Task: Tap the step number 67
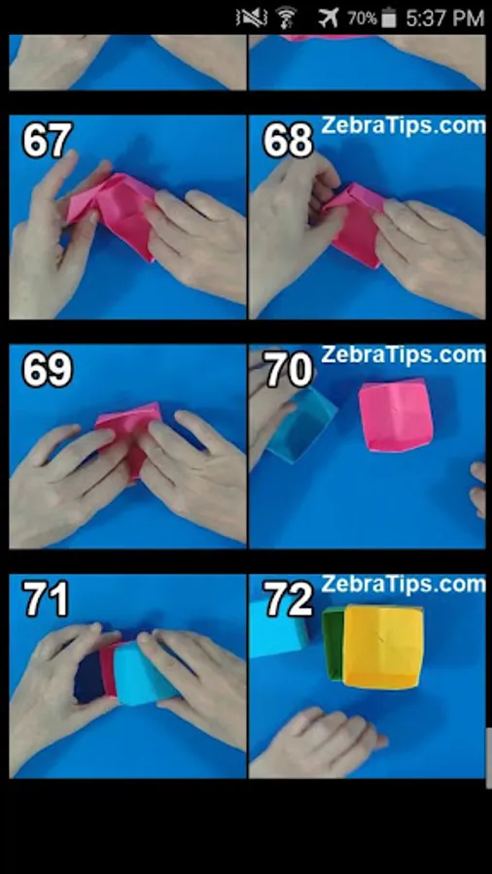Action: click(x=47, y=141)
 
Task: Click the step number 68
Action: click(x=287, y=141)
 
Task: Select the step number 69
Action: click(x=47, y=370)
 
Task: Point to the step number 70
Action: click(x=288, y=370)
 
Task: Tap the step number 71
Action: click(x=47, y=599)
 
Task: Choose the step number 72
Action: click(x=288, y=599)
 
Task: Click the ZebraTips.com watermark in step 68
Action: click(x=404, y=125)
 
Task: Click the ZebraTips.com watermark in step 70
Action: click(x=403, y=354)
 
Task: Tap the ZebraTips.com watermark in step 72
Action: click(x=403, y=584)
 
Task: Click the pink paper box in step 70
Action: click(x=393, y=415)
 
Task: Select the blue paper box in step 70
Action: click(x=299, y=424)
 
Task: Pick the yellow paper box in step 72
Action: click(x=384, y=645)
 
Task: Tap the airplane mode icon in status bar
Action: click(x=330, y=17)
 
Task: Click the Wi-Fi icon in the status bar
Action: click(x=286, y=17)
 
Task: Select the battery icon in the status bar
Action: click(x=389, y=17)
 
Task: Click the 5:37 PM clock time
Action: click(x=444, y=17)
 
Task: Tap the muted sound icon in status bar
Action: click(x=251, y=17)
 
